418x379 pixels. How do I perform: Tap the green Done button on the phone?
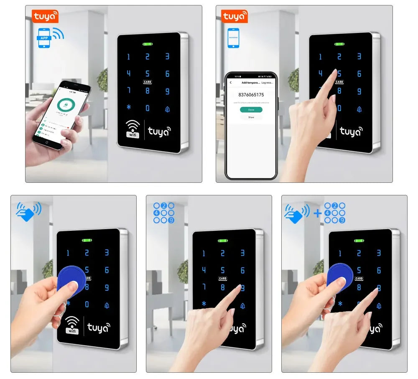pyautogui.click(x=251, y=110)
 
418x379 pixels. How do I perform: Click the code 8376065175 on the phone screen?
pyautogui.click(x=251, y=95)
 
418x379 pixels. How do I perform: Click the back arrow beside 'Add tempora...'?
pyautogui.click(x=231, y=82)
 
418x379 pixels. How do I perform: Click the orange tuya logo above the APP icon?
pyautogui.click(x=45, y=16)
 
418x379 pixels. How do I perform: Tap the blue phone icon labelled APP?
pyautogui.click(x=44, y=38)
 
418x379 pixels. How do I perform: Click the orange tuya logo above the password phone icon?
pyautogui.click(x=234, y=16)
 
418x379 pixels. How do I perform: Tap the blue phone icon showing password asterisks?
pyautogui.click(x=234, y=38)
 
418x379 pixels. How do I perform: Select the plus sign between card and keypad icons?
pyautogui.click(x=318, y=213)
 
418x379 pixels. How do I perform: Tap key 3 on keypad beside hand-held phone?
pyautogui.click(x=167, y=56)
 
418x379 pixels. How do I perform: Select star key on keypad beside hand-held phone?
pyautogui.click(x=129, y=108)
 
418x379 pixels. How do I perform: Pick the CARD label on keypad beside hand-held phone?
pyautogui.click(x=148, y=82)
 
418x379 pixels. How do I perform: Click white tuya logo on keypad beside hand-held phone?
pyautogui.click(x=158, y=131)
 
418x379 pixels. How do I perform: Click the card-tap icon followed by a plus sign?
pyautogui.click(x=297, y=212)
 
